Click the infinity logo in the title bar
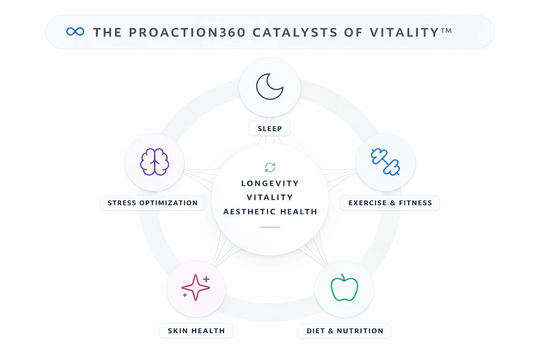75,32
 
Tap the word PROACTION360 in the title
187,32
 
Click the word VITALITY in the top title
404,32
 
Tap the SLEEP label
270,129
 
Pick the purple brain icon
155,162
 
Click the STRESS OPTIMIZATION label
153,203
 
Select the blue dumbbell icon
385,162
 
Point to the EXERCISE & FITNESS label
390,203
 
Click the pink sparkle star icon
196,288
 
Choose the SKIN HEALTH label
196,330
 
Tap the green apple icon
344,288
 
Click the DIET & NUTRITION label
345,330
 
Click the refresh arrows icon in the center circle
270,167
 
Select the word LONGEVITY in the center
270,183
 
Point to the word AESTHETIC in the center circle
249,212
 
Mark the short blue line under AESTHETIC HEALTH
270,227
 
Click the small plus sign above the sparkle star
206,279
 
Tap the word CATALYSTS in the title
295,32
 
